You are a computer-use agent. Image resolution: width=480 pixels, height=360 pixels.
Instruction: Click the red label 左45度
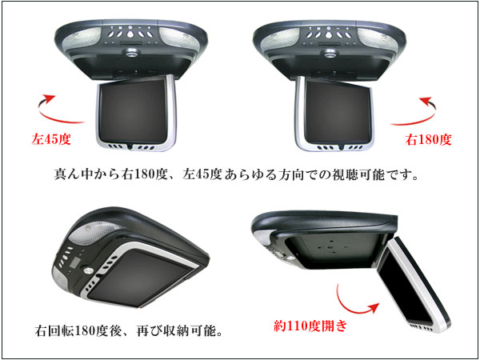coord(51,139)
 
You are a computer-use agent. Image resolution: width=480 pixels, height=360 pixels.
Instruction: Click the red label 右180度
coord(428,140)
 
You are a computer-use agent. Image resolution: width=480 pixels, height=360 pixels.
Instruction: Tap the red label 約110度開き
coord(310,326)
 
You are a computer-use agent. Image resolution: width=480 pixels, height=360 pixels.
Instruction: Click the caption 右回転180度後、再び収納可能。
coord(129,331)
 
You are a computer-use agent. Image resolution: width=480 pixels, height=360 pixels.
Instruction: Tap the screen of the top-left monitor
coord(134,111)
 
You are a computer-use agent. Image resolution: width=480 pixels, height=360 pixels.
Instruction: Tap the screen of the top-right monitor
coord(338,112)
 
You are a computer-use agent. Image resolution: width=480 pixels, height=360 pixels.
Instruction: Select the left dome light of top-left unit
coord(82,39)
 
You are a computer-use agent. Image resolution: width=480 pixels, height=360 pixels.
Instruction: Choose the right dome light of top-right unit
coord(378,39)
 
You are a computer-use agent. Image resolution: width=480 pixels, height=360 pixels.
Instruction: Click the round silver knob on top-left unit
coord(132,54)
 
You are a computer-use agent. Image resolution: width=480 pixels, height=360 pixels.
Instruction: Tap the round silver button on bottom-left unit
coord(88,270)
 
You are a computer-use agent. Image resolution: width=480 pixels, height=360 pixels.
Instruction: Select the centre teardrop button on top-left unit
coord(130,34)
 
